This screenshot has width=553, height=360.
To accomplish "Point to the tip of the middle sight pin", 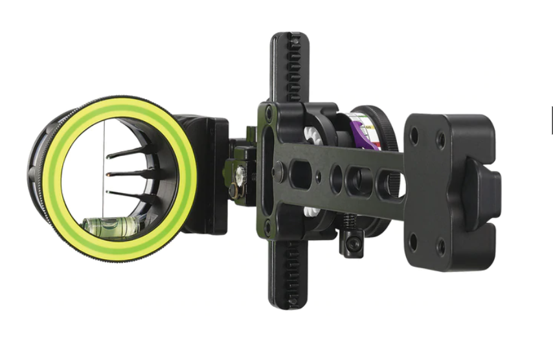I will point(106,174).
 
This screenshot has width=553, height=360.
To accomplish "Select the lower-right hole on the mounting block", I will point(441,247).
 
